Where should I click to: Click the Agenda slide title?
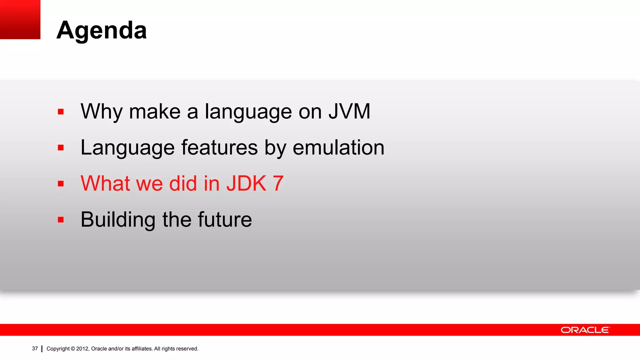pyautogui.click(x=102, y=30)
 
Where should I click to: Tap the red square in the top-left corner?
pyautogui.click(x=20, y=19)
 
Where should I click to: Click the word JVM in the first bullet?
pyautogui.click(x=349, y=111)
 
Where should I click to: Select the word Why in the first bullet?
pyautogui.click(x=101, y=112)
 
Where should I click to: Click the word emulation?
pyautogui.click(x=338, y=147)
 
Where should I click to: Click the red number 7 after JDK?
pyautogui.click(x=278, y=183)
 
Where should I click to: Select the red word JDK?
pyautogui.click(x=247, y=183)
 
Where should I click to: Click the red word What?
pyautogui.click(x=105, y=183)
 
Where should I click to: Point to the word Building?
pyautogui.click(x=118, y=220)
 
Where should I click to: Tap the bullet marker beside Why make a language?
pyautogui.click(x=61, y=112)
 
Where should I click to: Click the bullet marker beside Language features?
pyautogui.click(x=61, y=148)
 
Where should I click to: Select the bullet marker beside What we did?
pyautogui.click(x=61, y=184)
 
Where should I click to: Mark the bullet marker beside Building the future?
pyautogui.click(x=61, y=220)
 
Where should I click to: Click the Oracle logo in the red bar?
pyautogui.click(x=585, y=330)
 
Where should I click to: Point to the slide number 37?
pyautogui.click(x=35, y=349)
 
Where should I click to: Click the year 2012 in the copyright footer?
pyautogui.click(x=82, y=349)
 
